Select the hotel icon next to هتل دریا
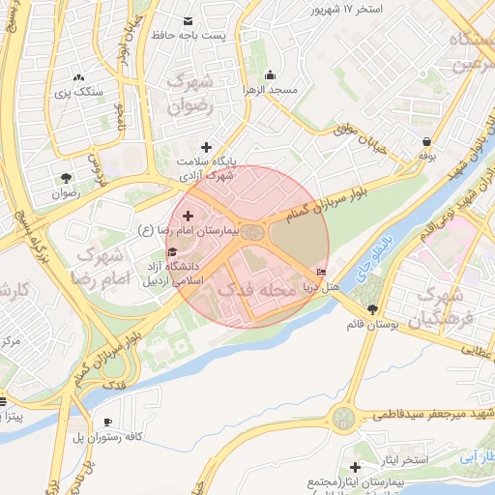tap(321, 273)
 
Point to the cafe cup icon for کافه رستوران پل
tap(107, 422)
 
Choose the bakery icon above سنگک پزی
tap(78, 76)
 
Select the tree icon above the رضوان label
tap(66, 178)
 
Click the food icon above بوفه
tap(425, 140)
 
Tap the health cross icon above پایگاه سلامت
tap(205, 146)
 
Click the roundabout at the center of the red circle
tap(252, 233)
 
